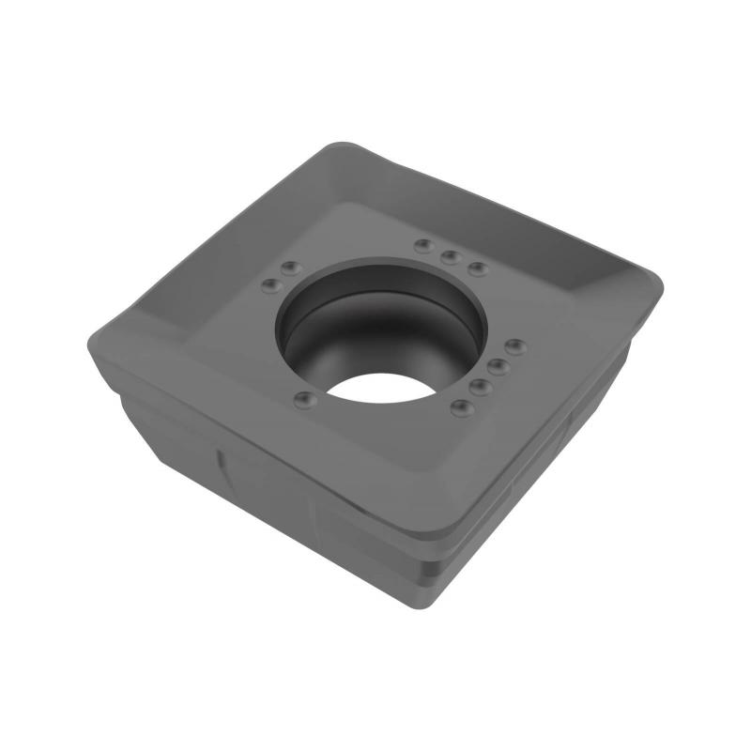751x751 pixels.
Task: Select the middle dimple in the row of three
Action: click(451, 255)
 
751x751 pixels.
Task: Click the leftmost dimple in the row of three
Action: click(424, 246)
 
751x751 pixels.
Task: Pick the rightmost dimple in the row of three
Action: click(478, 268)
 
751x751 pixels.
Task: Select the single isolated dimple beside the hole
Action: click(302, 401)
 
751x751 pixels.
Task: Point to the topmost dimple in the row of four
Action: click(515, 345)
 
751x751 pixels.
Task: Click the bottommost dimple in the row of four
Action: click(461, 407)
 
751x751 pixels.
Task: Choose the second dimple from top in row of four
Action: click(498, 366)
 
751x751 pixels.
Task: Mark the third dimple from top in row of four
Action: click(480, 386)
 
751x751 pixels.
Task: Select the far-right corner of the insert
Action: click(657, 277)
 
